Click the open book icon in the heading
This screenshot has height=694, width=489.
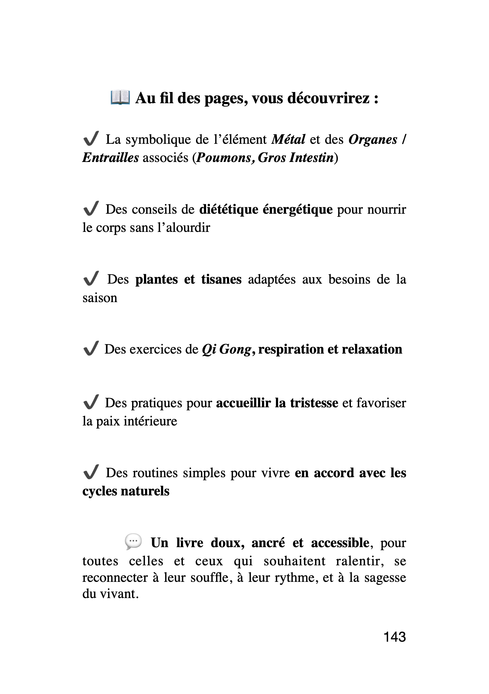pos(120,97)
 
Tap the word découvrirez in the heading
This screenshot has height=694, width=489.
pos(328,98)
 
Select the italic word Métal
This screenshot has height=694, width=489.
pos(289,140)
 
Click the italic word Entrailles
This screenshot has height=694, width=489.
pos(110,158)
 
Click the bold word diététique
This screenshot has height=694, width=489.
pos(229,210)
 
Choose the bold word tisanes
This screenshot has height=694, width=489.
pos(221,279)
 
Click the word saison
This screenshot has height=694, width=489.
pos(100,298)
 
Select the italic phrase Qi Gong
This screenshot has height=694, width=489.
pos(226,349)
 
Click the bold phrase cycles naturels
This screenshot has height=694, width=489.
pos(126,491)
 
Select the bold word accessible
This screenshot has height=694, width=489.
pos(340,543)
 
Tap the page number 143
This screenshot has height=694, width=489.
pos(394,637)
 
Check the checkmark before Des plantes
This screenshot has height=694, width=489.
pos(91,278)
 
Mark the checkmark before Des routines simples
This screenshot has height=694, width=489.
pos(91,472)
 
